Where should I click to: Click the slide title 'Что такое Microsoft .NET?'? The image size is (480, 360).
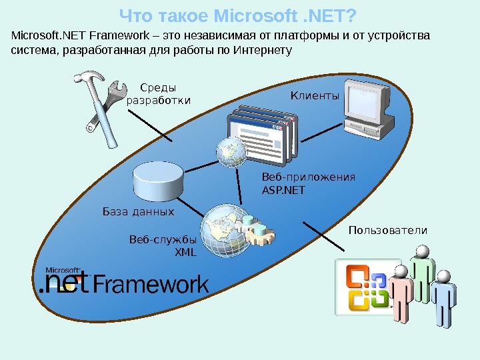pyautogui.click(x=237, y=15)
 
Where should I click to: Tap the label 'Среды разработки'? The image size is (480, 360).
pyautogui.click(x=158, y=93)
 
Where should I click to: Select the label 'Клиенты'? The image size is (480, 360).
pyautogui.click(x=315, y=97)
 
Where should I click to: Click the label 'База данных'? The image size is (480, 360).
pyautogui.click(x=138, y=212)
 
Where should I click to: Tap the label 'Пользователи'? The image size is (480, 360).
pyautogui.click(x=387, y=230)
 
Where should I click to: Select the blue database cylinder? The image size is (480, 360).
pyautogui.click(x=158, y=181)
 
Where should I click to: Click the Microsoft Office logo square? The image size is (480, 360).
pyautogui.click(x=364, y=287)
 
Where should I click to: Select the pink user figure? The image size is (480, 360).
pyautogui.click(x=401, y=294)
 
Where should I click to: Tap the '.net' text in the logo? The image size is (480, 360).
pyautogui.click(x=62, y=285)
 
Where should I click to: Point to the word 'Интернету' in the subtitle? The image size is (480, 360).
pyautogui.click(x=263, y=50)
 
